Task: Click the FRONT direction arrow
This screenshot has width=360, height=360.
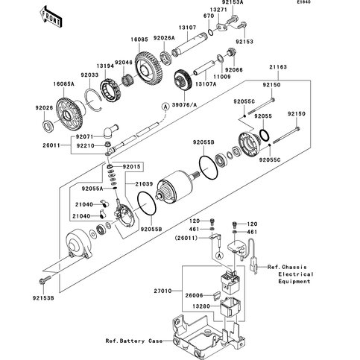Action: coord(51,16)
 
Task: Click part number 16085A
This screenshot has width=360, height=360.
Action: coord(63,84)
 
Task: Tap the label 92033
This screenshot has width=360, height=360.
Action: coord(89,75)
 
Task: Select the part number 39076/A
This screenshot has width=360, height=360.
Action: coord(184,105)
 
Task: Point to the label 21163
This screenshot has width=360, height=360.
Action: coord(278,67)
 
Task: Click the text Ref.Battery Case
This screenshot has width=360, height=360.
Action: coord(134,341)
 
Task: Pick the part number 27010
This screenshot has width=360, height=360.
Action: coord(162,291)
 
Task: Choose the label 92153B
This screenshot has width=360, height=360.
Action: coord(43,298)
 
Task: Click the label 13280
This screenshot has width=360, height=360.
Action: coord(201,306)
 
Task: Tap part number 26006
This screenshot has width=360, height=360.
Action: coord(194,295)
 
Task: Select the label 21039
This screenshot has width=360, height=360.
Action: coord(144,184)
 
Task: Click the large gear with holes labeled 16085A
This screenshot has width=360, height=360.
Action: coord(69,115)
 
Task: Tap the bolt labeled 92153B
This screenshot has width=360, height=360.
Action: coord(45,280)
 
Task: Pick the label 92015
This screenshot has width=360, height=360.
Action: coord(131,166)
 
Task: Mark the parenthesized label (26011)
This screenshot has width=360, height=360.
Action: coord(186,238)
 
